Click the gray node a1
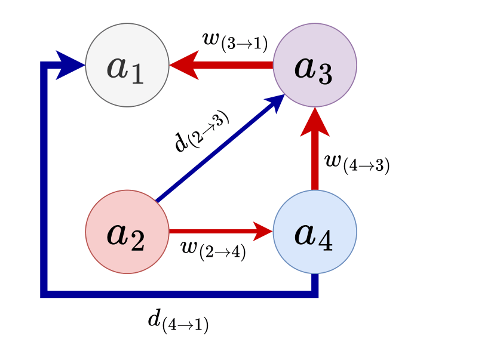tap(127, 65)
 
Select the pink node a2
tap(127, 232)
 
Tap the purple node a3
tap(314, 65)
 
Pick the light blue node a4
tap(314, 232)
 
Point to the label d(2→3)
tap(201, 132)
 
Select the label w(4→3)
tap(356, 162)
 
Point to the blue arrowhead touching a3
tap(276, 101)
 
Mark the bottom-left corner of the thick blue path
tap(44, 293)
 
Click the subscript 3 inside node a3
tap(324, 74)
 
